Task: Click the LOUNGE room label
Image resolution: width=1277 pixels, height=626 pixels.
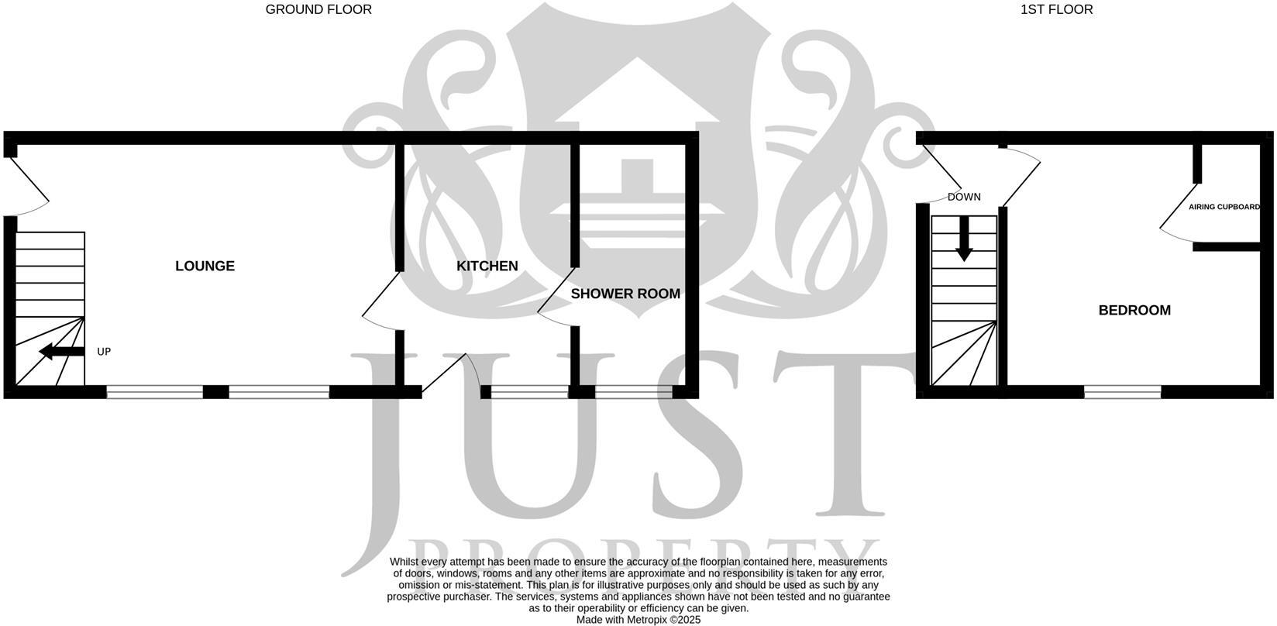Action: (x=205, y=266)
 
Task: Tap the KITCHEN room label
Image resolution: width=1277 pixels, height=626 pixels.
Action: (x=487, y=266)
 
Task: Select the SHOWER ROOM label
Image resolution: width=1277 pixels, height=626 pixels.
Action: (x=625, y=294)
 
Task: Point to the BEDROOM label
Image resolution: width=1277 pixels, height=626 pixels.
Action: (x=1134, y=310)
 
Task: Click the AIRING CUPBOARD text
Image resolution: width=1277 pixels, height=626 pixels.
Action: (x=1224, y=207)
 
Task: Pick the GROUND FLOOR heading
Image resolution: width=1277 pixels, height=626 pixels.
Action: (x=318, y=9)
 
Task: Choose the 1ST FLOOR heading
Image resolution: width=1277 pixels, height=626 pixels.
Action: (x=1057, y=9)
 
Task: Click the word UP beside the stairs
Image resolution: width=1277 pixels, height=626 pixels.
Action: (x=104, y=352)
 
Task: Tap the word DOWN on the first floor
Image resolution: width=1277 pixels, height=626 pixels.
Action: (x=964, y=197)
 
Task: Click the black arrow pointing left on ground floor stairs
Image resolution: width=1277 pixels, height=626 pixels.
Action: (x=60, y=352)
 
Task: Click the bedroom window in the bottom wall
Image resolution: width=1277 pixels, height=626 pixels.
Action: (x=1122, y=392)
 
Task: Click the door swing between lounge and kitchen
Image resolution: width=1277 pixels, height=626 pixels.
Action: (x=381, y=302)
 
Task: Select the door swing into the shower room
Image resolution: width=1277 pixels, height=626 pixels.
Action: (x=556, y=298)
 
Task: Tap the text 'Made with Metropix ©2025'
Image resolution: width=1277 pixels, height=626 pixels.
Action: (x=638, y=620)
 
